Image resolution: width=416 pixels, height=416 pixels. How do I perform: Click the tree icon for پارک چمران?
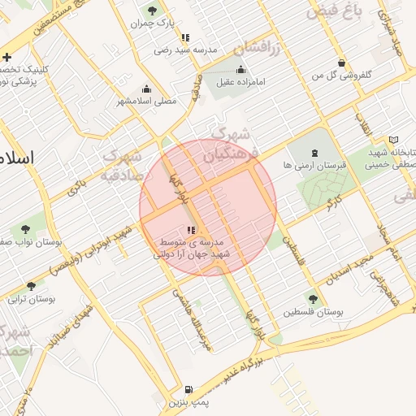tap(152, 11)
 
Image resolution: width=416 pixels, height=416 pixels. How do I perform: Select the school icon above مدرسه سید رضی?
tap(186, 37)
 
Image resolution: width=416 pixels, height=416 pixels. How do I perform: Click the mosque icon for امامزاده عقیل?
tap(240, 69)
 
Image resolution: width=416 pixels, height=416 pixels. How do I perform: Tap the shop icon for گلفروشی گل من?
tap(341, 63)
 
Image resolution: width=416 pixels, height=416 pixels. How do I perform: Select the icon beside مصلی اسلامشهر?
tap(146, 89)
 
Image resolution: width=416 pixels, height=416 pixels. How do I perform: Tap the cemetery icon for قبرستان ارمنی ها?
tap(315, 152)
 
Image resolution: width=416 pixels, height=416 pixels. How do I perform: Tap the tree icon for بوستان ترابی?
tap(31, 286)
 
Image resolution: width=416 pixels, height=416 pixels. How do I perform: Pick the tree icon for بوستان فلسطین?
tap(313, 299)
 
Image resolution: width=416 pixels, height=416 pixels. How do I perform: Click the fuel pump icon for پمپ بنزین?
tap(189, 390)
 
